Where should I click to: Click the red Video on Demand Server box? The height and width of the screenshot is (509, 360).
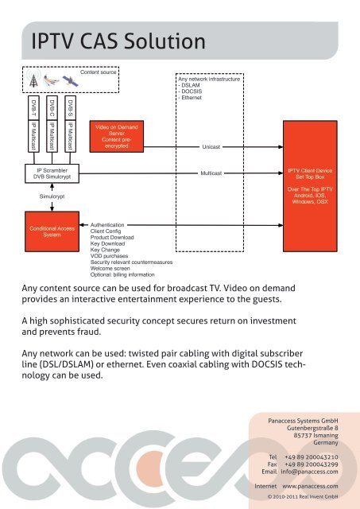click(117, 137)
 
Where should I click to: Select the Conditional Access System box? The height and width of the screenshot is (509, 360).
click(52, 231)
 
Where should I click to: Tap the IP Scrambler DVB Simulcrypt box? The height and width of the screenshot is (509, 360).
click(52, 173)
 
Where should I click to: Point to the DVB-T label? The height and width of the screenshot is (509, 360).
click(33, 108)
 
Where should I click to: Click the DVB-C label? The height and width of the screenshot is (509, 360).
click(52, 108)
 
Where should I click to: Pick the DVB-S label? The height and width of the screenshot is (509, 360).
click(71, 108)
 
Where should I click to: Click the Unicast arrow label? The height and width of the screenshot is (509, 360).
click(211, 147)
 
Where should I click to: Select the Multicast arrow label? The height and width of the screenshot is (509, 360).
click(211, 173)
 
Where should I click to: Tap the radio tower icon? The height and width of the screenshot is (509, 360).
click(33, 78)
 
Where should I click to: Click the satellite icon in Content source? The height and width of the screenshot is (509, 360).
click(70, 81)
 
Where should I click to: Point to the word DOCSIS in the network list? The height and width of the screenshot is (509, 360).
click(192, 91)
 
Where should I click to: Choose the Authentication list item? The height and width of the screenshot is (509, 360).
click(107, 224)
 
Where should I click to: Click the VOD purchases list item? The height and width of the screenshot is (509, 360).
click(110, 256)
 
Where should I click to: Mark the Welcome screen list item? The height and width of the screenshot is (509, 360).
click(110, 269)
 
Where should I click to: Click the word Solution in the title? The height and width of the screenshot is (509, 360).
click(165, 41)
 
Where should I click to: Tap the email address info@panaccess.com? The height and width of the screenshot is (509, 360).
click(309, 472)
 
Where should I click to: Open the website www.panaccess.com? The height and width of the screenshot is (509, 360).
click(310, 486)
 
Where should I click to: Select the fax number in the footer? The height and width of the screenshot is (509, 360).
click(312, 464)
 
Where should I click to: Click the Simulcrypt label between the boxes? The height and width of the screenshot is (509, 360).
click(52, 196)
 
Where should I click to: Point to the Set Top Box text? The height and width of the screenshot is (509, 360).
click(310, 177)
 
